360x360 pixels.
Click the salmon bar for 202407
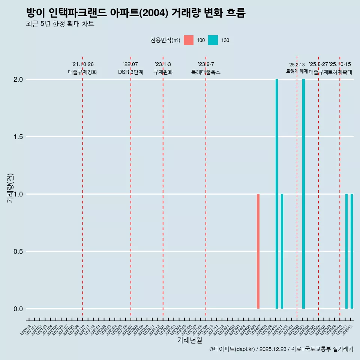pos(258,251)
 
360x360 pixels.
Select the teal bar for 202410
pos(277,194)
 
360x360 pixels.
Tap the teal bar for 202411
pos(282,251)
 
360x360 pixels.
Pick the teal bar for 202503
pos(303,194)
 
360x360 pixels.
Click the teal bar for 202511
pos(346,251)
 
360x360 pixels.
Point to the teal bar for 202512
pos(352,251)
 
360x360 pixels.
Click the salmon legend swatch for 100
pos(189,40)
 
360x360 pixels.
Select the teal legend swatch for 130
pos(213,40)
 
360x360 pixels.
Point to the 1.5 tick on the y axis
pos(18,137)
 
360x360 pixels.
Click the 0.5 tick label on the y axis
pos(18,252)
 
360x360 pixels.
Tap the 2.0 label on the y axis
pos(18,79)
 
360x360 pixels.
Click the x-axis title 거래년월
pos(189,340)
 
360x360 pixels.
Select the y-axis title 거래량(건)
pos(10,187)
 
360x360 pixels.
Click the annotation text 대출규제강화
pos(82,72)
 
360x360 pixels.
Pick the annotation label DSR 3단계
pos(130,72)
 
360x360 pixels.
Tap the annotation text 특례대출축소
pos(206,72)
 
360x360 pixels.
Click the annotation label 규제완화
pos(163,72)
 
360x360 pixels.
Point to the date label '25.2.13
pos(297,65)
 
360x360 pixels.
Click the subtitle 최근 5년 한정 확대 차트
pos(60,24)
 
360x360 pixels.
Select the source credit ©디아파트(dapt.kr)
pos(232,349)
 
